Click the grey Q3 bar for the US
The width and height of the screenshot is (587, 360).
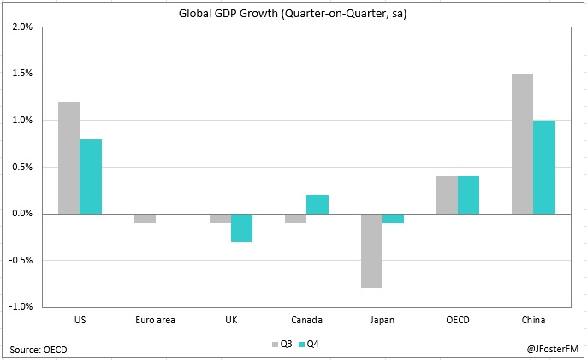coord(68,157)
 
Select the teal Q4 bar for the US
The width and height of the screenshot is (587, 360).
coord(91,176)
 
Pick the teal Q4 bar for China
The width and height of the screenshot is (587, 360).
coord(543,167)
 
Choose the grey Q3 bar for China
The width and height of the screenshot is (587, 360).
coord(522,144)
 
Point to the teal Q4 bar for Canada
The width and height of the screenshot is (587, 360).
coord(317,204)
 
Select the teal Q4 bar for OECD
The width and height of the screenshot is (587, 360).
coord(468,195)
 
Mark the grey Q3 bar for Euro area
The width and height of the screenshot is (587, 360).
coord(145,218)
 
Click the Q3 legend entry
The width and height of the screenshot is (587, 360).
coord(282,344)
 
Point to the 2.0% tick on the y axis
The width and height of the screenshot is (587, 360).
coord(21,27)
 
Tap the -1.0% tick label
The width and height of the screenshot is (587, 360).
coord(20,306)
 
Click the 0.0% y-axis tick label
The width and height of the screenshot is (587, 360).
coord(21,213)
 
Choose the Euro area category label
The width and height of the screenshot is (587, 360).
coord(155,320)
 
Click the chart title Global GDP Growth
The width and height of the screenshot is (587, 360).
coord(293,12)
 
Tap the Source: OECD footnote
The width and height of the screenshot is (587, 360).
coord(39,349)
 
